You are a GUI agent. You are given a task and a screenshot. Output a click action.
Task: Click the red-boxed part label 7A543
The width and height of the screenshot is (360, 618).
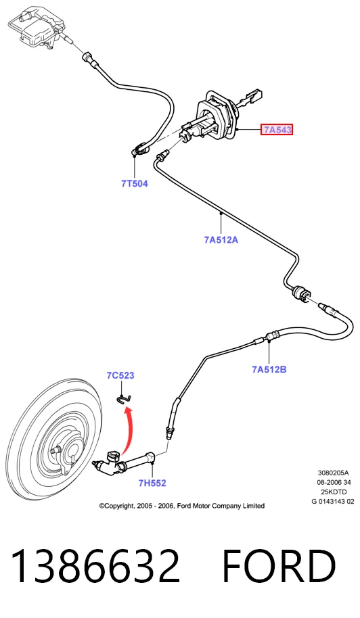click(x=277, y=129)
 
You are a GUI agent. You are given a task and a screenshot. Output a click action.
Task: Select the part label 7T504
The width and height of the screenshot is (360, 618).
click(x=135, y=183)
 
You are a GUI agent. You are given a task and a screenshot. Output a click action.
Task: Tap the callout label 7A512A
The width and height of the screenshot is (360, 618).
click(x=221, y=239)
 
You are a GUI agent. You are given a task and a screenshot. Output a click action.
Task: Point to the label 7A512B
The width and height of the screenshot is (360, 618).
click(x=269, y=369)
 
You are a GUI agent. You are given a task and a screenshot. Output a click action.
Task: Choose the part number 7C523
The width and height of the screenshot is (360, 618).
click(x=120, y=375)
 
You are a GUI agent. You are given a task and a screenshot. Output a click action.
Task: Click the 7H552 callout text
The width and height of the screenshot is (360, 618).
click(x=152, y=483)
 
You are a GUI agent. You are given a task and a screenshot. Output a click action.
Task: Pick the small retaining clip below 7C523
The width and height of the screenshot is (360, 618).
click(x=124, y=399)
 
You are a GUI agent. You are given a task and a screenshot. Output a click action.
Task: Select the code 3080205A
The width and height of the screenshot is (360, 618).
click(x=334, y=473)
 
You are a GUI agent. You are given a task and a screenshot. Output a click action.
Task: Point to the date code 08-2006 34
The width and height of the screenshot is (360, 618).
click(x=334, y=482)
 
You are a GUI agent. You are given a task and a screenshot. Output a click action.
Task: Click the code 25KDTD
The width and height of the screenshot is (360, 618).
click(x=334, y=492)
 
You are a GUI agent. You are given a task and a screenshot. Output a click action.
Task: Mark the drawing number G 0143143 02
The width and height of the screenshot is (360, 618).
click(x=333, y=501)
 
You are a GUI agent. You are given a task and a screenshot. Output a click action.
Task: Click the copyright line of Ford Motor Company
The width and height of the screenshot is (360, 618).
click(x=182, y=506)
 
